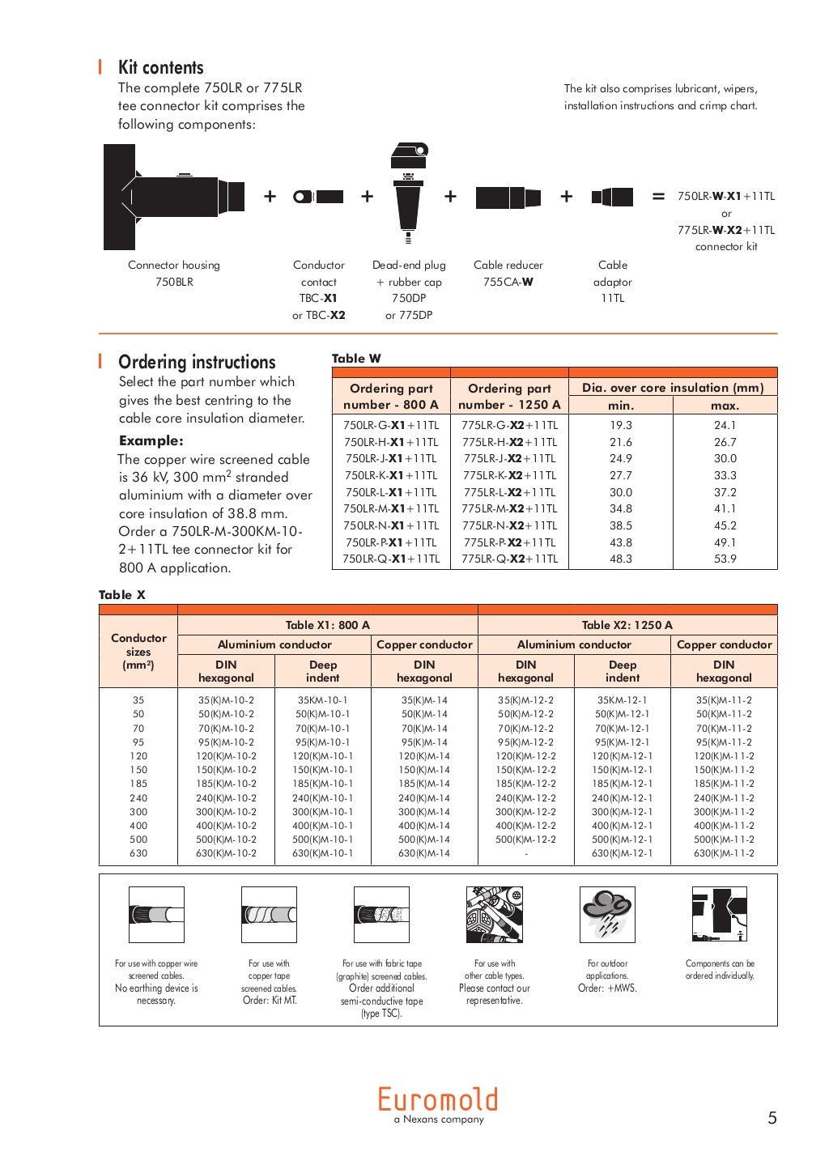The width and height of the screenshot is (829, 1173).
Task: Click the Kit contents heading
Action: point(160,68)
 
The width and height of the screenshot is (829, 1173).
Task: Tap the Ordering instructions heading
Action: point(197,362)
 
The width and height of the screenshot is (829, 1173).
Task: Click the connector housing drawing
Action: point(172,197)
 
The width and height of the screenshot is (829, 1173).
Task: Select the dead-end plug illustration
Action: point(408,194)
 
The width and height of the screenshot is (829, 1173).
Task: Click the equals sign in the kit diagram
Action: point(658,197)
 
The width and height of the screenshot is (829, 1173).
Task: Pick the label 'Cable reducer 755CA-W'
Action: point(508,274)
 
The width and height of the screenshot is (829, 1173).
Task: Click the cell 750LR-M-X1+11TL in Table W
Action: point(391,508)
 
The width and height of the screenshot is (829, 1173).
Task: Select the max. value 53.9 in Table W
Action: point(725,559)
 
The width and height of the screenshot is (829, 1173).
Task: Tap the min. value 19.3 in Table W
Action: point(621,425)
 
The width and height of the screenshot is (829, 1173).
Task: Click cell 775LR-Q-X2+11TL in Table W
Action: point(509,559)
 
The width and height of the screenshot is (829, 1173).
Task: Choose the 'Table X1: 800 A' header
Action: point(327,625)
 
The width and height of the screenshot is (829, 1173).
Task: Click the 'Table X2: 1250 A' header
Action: point(627,625)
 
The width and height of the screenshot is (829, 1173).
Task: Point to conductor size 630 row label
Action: point(138,853)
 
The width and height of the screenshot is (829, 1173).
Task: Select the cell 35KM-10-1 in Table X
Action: point(322,700)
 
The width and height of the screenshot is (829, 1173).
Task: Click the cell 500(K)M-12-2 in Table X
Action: point(525,839)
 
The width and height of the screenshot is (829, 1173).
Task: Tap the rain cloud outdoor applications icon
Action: point(607,914)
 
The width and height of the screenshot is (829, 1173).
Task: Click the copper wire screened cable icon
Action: point(156,914)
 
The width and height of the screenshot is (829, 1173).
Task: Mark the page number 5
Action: point(772,1118)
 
